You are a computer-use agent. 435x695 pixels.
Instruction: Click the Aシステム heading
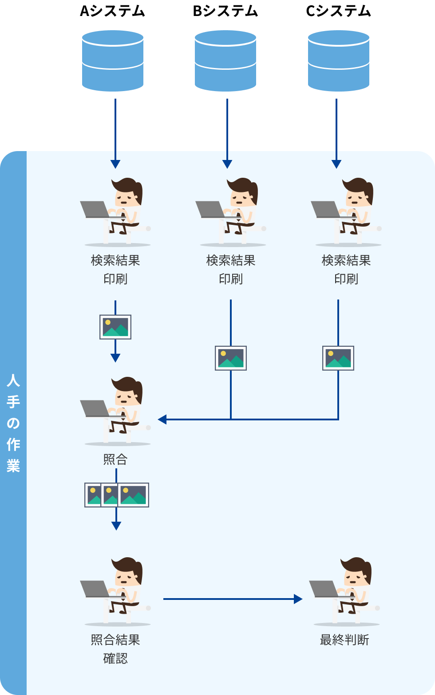112,11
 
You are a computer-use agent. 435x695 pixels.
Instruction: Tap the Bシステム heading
225,11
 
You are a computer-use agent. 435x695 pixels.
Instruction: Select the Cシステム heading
338,11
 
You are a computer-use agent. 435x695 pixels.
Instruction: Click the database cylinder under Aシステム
112,61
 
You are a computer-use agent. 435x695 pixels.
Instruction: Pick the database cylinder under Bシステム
225,61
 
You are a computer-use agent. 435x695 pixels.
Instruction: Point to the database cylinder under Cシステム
338,61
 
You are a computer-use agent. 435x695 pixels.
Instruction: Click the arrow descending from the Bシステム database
227,133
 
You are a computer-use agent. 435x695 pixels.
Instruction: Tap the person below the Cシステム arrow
346,212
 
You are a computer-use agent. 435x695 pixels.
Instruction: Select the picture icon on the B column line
231,358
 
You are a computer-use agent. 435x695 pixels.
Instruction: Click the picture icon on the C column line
338,358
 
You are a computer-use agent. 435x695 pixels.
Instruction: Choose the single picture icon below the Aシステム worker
115,327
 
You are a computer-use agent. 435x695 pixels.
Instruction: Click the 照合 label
115,459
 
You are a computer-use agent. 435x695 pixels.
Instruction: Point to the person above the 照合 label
115,411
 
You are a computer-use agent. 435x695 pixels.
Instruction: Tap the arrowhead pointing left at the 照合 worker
162,419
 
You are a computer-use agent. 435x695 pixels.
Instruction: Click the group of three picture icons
116,495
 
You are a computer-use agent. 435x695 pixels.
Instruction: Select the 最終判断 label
344,640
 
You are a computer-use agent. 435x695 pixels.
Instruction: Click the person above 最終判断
344,591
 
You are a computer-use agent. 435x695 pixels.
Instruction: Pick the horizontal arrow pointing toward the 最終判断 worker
233,599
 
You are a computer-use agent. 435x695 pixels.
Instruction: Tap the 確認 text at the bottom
115,659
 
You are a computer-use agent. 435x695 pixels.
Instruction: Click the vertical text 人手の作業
13,423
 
